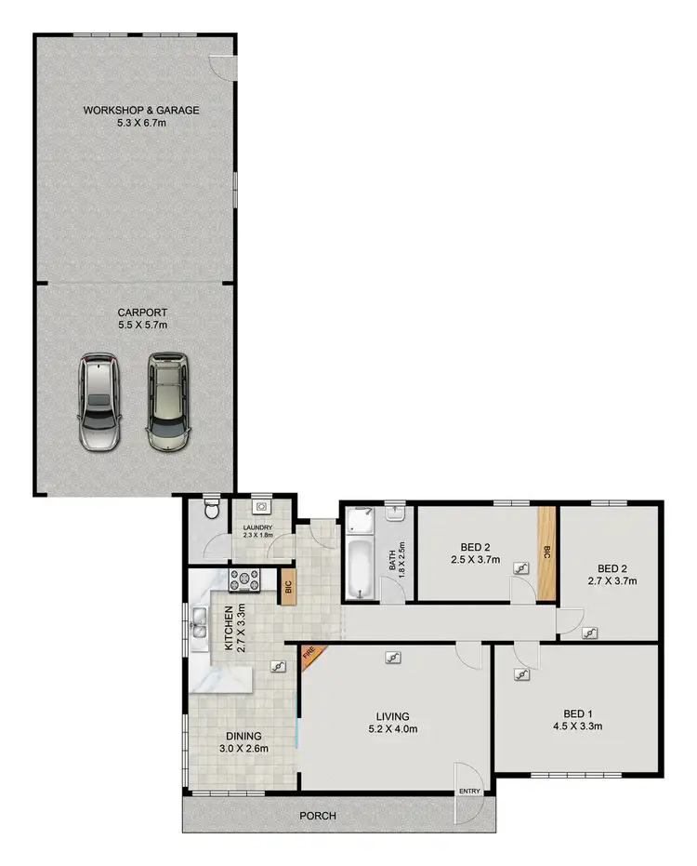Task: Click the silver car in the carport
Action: (99, 402)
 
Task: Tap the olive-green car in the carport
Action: (166, 400)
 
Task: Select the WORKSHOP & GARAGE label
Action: (141, 110)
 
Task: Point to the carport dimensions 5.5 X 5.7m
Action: (142, 325)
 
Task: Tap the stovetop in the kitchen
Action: (245, 580)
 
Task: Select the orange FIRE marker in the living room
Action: (309, 657)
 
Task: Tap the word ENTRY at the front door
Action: (470, 792)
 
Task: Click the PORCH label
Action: (318, 816)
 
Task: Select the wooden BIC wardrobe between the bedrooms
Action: (546, 553)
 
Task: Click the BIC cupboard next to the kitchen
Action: (288, 588)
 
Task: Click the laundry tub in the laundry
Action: (261, 508)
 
